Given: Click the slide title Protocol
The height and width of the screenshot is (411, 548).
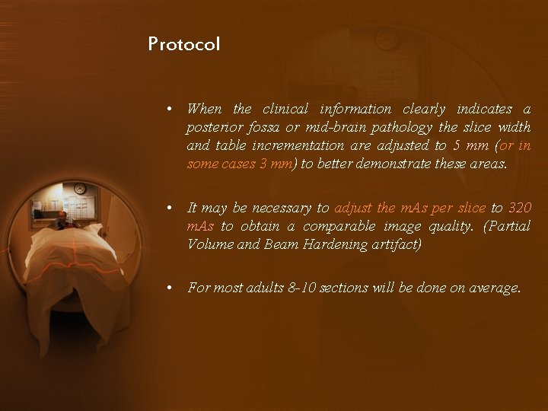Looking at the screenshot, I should (x=184, y=44).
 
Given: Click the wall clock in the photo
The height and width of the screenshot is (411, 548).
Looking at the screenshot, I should (x=80, y=188).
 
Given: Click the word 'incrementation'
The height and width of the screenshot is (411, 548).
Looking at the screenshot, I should (x=303, y=145).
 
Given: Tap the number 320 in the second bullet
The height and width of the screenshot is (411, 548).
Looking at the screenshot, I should (x=519, y=208).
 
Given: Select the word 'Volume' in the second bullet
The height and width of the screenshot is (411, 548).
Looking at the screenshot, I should (x=209, y=244).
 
